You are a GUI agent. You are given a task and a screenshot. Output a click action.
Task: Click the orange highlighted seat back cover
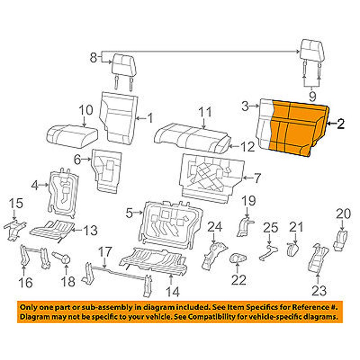(x=293, y=128)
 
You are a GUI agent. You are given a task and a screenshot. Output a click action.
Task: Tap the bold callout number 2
(x=340, y=124)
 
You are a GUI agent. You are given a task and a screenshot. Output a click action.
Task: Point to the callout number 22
(x=238, y=279)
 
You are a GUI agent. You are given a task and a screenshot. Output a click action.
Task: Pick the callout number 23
(x=319, y=290)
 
